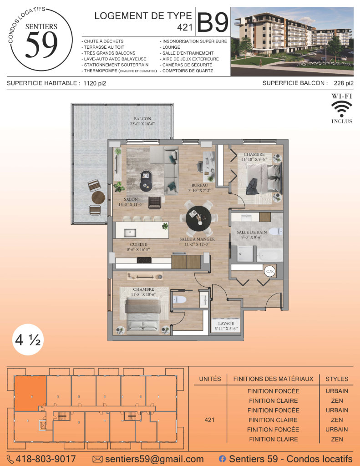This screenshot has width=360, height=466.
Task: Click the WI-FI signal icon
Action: pos(342,109)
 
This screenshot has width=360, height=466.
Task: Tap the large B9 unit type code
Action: pos(213,22)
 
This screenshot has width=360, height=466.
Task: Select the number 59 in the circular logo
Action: pos(41,45)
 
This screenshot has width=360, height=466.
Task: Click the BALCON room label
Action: pos(142,119)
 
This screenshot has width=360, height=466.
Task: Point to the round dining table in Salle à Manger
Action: pos(198,218)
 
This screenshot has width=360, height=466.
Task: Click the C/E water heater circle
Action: pos(270,271)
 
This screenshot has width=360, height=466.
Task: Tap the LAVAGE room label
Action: pos(226,324)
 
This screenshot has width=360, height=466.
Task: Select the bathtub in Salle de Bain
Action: pos(270,255)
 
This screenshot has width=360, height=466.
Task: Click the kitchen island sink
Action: pos(130,233)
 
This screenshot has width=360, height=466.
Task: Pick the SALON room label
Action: pos(131,199)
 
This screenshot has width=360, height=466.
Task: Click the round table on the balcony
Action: pos(98,198)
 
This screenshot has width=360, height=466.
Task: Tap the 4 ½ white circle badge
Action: pos(28,339)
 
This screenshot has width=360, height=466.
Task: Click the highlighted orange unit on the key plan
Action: pos(30,393)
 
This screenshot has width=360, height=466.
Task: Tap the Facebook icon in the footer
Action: pos(222,459)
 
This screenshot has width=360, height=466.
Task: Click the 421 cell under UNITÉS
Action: pos(209,420)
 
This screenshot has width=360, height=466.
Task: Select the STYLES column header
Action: pos(337,379)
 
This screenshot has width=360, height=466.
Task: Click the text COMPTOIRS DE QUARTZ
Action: pos(188,71)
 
